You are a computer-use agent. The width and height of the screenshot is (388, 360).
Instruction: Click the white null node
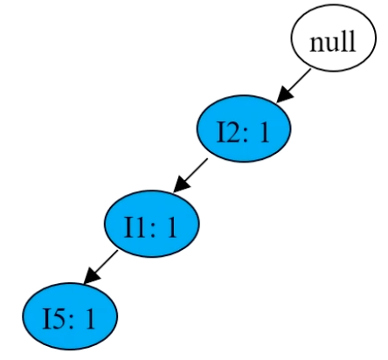point(333,38)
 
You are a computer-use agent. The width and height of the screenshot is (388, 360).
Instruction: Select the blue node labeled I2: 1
point(244,128)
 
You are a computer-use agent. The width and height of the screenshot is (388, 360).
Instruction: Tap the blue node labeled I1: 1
point(152,224)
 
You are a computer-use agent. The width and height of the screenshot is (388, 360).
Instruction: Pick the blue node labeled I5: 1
point(70,316)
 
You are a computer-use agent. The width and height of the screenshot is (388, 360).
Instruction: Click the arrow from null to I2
point(294,86)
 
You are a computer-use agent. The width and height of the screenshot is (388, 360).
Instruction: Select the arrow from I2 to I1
point(191,176)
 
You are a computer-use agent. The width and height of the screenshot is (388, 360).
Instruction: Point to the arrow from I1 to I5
point(100,267)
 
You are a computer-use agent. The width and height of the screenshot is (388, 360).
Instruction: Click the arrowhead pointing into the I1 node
point(181,185)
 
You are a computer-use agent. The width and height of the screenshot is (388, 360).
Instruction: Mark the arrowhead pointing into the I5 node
point(91,276)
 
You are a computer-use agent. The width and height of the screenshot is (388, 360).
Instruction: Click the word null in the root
point(333,41)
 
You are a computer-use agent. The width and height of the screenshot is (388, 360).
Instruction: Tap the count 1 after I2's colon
point(264,132)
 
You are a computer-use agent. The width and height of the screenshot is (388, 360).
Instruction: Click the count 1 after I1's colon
point(171,227)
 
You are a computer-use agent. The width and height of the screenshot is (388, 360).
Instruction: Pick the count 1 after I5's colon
point(89,319)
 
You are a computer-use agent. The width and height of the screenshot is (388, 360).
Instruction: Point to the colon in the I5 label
point(71,322)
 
